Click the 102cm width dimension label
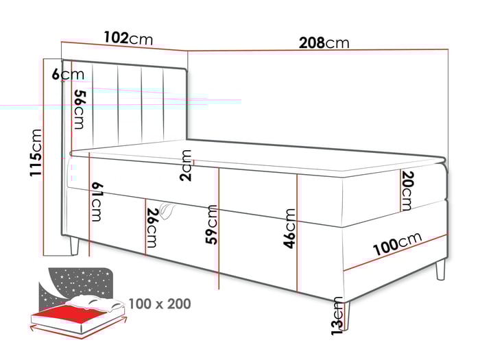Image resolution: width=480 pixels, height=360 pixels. (128, 38)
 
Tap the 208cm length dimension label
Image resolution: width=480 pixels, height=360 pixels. (324, 43)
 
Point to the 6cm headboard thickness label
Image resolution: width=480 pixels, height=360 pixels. (67, 74)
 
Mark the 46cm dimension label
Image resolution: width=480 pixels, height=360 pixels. (290, 228)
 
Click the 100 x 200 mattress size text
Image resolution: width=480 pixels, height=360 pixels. (159, 303)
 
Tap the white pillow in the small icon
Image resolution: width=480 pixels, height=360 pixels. (96, 302)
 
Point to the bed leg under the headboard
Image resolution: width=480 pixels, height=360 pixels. (74, 246)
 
